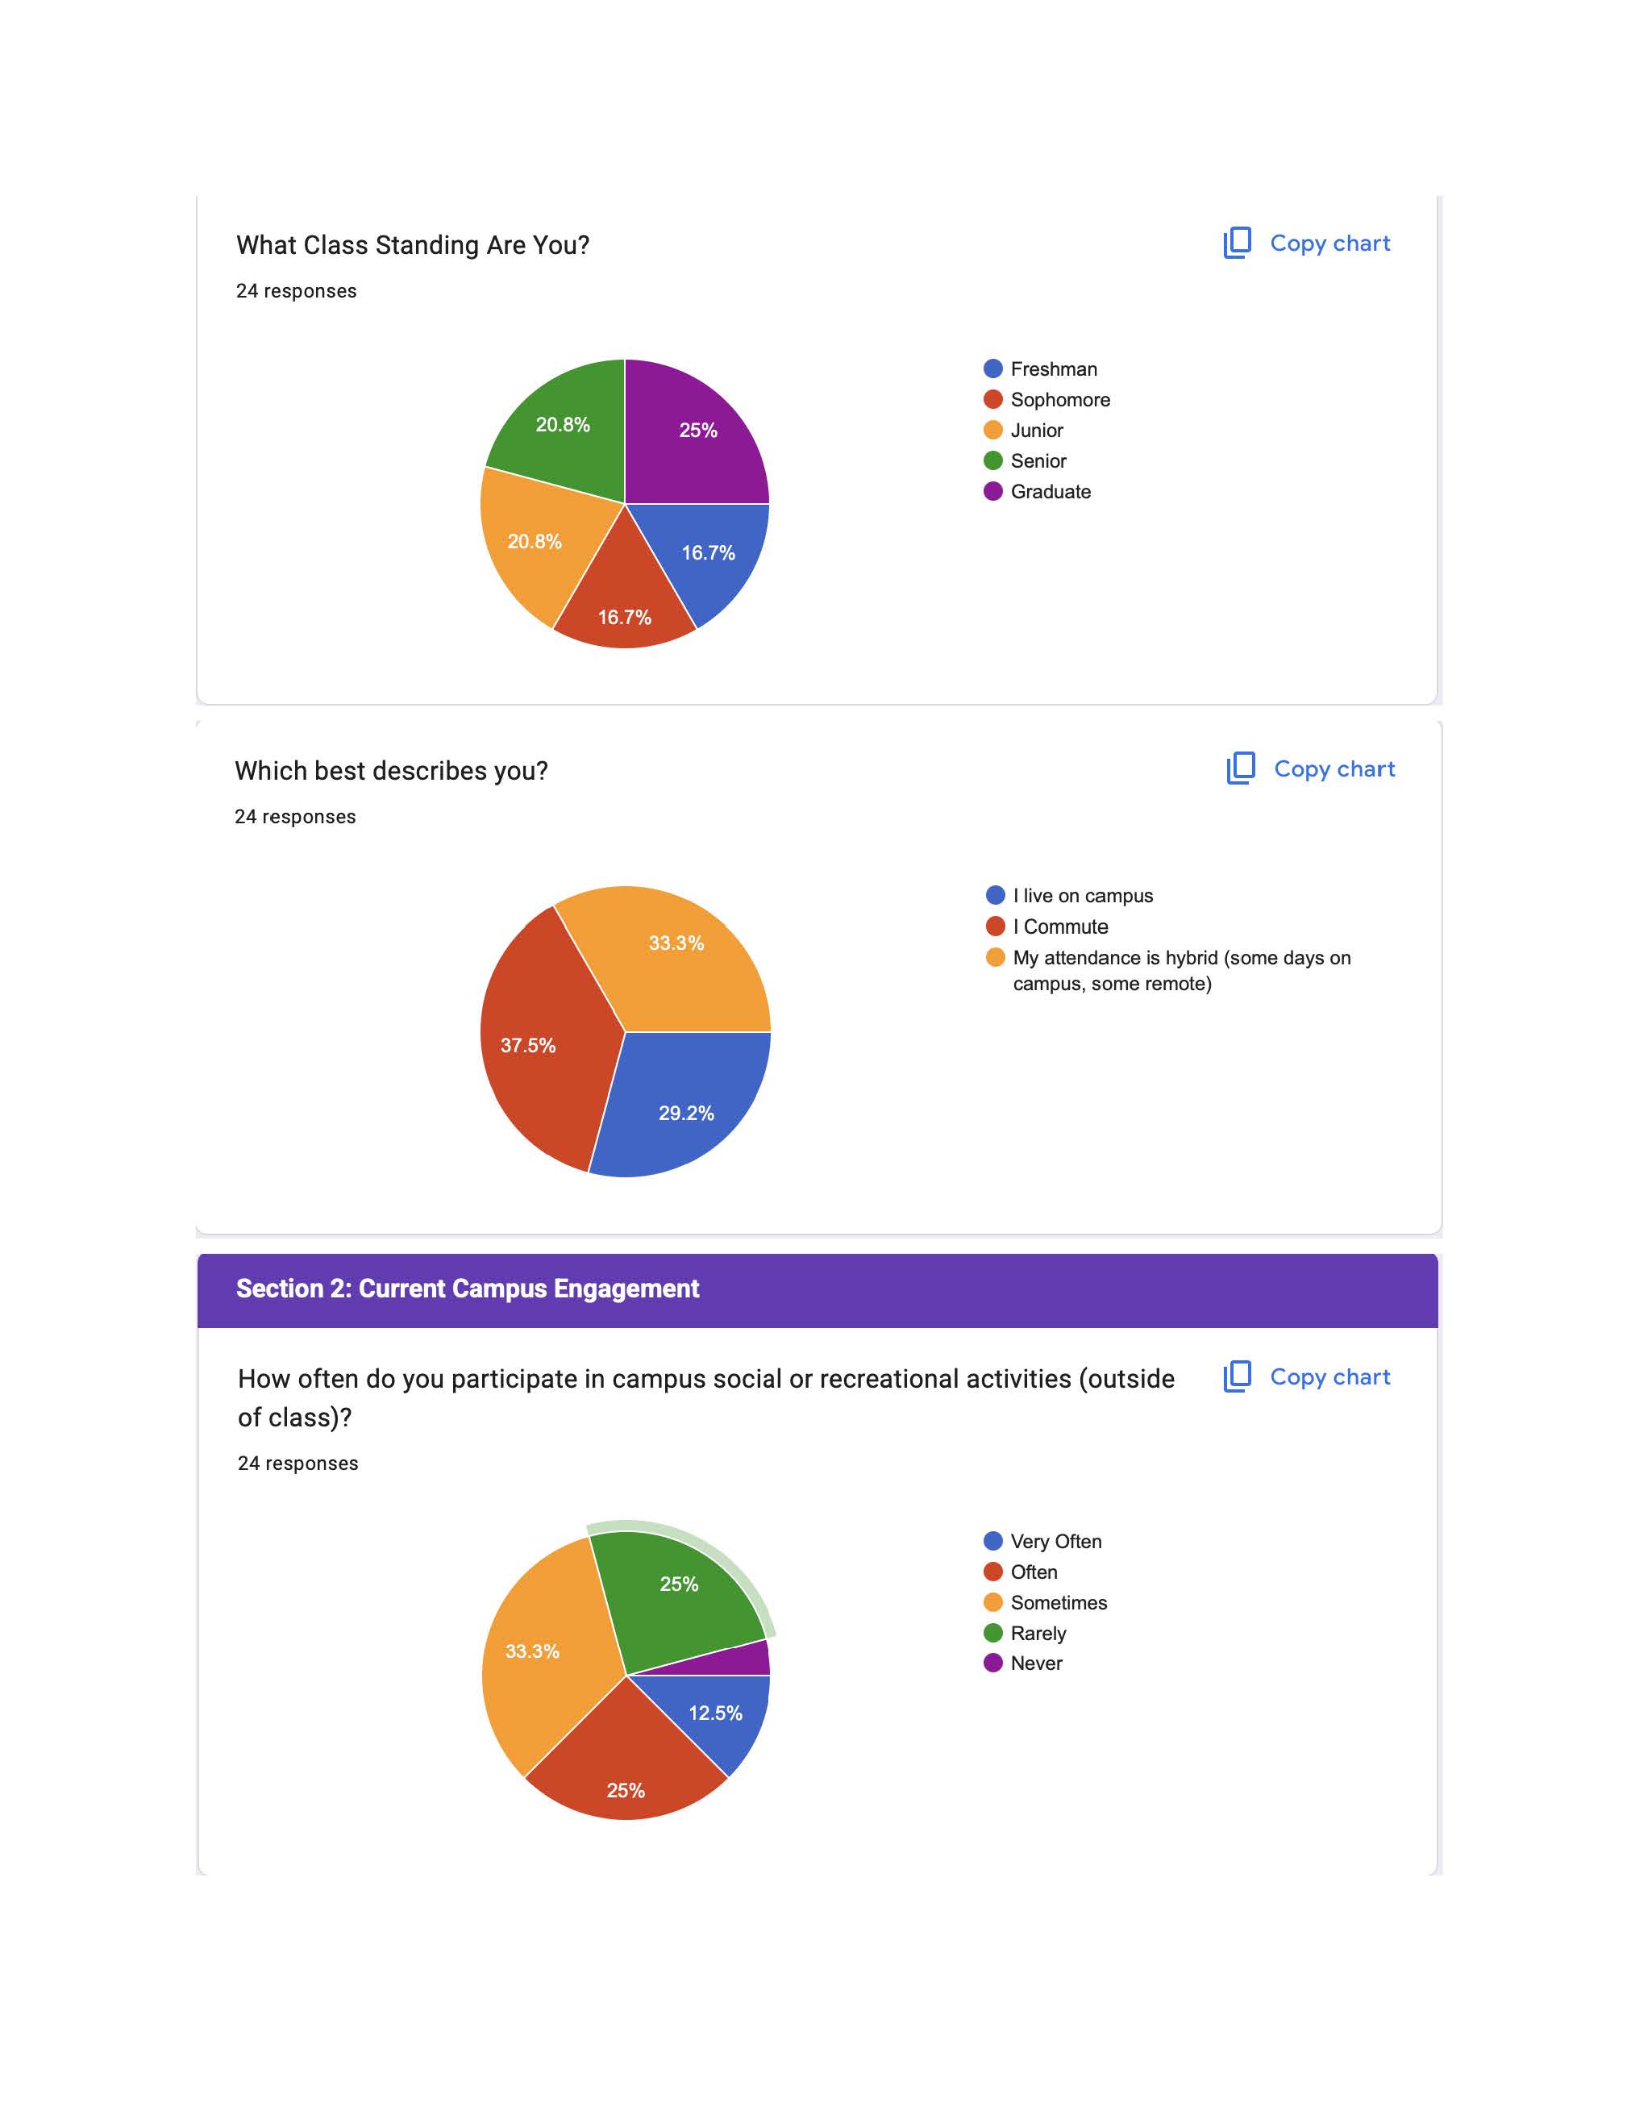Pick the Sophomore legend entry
click(x=1059, y=400)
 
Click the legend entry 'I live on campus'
click(x=1081, y=896)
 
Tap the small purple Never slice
click(x=744, y=1660)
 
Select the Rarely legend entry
click(x=1037, y=1634)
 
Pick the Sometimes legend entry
click(x=1058, y=1602)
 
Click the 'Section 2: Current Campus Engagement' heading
click(x=468, y=1289)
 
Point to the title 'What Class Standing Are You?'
click(x=413, y=245)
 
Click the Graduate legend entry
click(x=1050, y=492)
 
